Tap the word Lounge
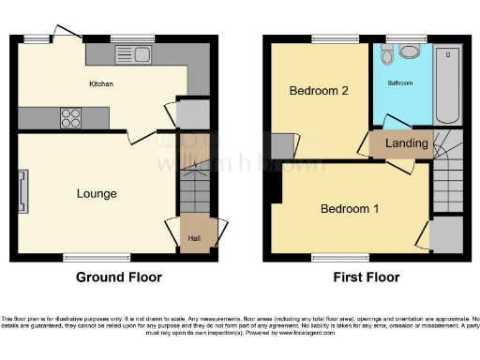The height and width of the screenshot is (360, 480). [x=97, y=194]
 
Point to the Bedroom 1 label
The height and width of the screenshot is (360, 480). [x=349, y=208]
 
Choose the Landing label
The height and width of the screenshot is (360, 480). [x=407, y=143]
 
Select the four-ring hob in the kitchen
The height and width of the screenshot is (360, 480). [x=71, y=118]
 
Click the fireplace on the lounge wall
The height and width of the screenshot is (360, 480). [x=22, y=193]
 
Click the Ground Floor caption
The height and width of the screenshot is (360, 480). [x=118, y=277]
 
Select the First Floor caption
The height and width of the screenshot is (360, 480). [x=366, y=277]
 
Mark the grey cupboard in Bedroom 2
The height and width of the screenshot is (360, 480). [x=282, y=145]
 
